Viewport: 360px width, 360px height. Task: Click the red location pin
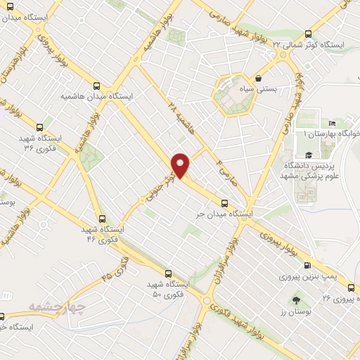tap(181, 165)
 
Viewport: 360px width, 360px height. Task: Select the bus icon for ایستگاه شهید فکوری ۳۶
tap(39, 128)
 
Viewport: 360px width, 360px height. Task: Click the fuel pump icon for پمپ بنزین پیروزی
tap(307, 266)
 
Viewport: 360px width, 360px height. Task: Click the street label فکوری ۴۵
tap(115, 270)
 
